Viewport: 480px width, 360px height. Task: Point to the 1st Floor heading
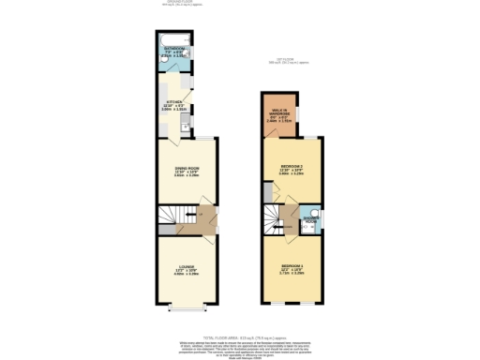[290, 62]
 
